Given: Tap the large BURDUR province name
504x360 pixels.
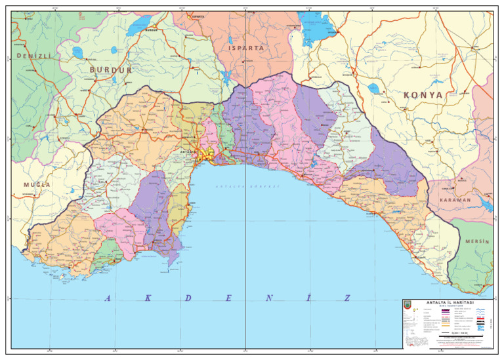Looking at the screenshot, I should (110, 70).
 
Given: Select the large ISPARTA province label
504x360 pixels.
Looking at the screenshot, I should (246, 48).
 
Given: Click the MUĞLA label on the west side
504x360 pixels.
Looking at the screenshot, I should (37, 184).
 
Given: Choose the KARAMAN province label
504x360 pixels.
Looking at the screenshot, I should (450, 199).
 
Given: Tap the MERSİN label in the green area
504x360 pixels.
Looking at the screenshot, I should (477, 242).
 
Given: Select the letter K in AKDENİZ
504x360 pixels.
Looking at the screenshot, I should (148, 298).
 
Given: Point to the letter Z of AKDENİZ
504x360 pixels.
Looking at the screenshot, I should (347, 298).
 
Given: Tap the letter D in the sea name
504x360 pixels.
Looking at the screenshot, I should (188, 298).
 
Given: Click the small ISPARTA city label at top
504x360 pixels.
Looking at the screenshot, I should (196, 17).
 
